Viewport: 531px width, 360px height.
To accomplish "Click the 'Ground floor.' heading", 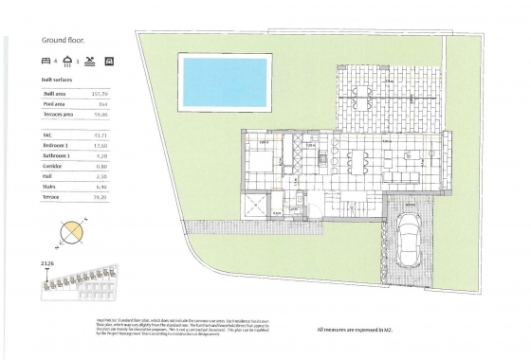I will point(62,41).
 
